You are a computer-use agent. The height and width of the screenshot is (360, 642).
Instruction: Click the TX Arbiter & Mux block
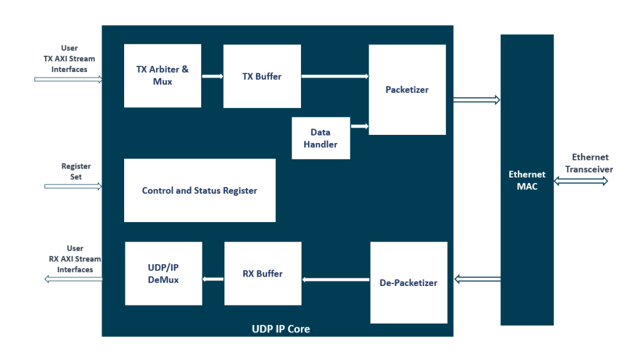162,76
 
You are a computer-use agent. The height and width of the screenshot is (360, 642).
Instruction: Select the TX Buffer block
262,77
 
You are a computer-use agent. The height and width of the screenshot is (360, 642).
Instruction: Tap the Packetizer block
407,90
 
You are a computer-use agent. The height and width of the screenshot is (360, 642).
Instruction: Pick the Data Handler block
320,138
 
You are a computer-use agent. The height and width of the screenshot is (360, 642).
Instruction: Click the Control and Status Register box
199,191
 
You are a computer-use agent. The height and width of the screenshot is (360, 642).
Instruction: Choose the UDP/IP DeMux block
163,273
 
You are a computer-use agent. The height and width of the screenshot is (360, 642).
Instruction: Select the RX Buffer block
262,273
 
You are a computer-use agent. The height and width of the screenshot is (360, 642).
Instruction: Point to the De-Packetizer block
408,283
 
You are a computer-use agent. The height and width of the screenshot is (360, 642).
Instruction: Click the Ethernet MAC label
527,180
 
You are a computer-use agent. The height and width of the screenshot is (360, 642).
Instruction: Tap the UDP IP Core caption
276,329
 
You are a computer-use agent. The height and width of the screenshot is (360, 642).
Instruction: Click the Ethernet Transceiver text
589,163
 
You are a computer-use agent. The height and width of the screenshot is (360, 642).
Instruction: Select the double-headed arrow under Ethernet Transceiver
581,181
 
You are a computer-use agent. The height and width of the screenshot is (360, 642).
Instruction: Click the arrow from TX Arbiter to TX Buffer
213,77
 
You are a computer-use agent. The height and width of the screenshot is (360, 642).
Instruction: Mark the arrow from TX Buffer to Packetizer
335,77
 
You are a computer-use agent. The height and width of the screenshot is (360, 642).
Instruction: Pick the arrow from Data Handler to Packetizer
359,126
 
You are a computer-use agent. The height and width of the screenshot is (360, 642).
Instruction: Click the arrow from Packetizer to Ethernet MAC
476,100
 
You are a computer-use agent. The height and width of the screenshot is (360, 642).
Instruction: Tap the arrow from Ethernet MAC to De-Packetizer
476,278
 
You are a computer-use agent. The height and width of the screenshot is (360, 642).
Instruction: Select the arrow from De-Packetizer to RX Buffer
336,279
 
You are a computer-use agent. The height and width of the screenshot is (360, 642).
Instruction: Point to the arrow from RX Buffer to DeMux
213,279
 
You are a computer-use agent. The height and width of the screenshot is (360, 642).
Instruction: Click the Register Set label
76,171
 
